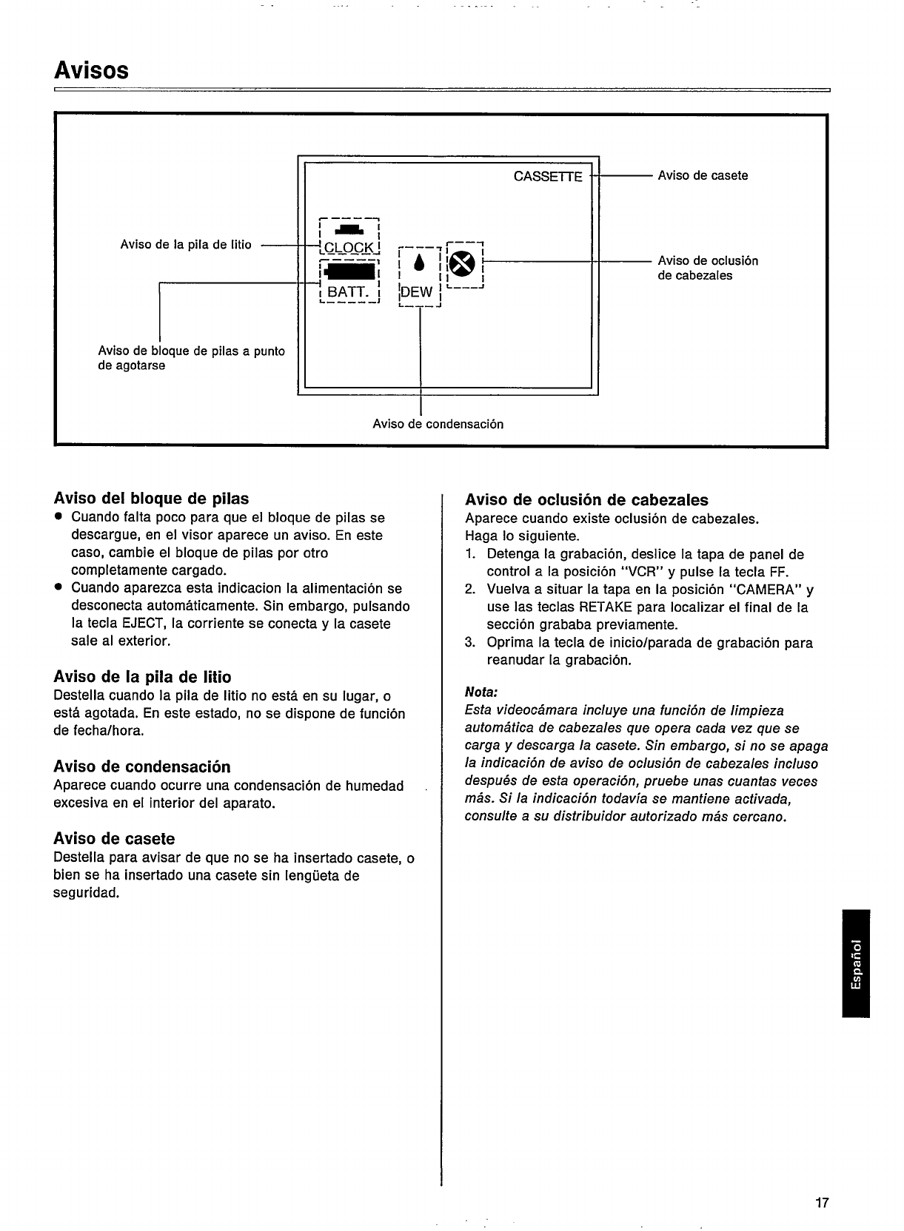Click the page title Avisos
coord(91,71)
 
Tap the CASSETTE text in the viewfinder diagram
coord(548,176)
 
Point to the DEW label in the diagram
coord(416,292)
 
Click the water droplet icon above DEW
coord(419,263)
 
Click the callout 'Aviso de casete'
coord(703,175)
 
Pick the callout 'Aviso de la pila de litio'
coord(186,245)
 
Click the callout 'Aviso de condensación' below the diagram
coord(438,424)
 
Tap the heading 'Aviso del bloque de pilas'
coord(151,498)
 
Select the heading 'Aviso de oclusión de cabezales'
coord(586,499)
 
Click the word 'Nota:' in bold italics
coord(481,692)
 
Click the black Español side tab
coord(856,963)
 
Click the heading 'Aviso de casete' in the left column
coord(114,839)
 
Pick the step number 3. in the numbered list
coord(470,643)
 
